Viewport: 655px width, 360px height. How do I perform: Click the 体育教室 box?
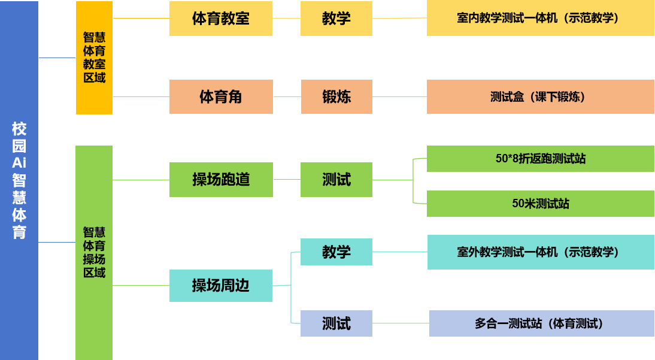(221, 19)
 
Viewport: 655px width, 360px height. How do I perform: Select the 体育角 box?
(221, 96)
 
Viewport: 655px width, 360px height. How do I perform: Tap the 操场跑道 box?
(221, 179)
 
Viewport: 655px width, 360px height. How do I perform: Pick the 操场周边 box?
(221, 285)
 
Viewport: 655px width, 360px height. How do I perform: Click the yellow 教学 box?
(336, 19)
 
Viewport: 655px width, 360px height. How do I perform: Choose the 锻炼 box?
(336, 96)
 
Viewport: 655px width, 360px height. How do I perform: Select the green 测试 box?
(336, 179)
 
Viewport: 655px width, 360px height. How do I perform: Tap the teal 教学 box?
(336, 252)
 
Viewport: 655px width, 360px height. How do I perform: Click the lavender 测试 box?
(336, 323)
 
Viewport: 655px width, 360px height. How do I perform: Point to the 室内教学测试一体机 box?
(540, 19)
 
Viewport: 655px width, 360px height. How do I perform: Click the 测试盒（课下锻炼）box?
(540, 96)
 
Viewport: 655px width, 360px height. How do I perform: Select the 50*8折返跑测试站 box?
(540, 159)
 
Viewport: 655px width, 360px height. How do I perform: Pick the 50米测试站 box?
(540, 204)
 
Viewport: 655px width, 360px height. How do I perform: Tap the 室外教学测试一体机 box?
(540, 252)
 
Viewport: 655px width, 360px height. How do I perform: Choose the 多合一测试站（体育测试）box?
(541, 323)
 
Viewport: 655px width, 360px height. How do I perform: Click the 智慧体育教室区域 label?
(94, 58)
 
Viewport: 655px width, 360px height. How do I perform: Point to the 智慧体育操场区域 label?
(94, 252)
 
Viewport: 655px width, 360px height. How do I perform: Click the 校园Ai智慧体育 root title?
(19, 180)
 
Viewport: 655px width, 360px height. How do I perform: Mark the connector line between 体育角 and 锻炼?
(287, 96)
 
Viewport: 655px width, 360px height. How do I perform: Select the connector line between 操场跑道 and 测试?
(287, 179)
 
